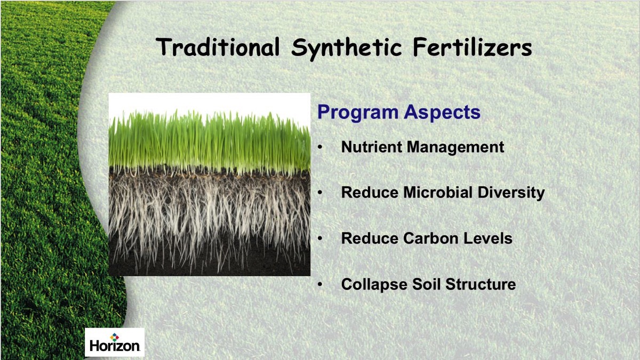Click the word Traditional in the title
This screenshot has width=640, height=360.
point(218,47)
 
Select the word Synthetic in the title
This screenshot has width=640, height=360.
point(347,49)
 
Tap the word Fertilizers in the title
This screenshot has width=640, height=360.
point(473,47)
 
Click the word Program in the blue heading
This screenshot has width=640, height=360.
point(358,113)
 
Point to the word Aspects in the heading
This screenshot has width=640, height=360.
point(442,113)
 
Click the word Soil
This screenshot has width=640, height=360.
point(426,284)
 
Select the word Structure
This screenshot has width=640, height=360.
point(481,284)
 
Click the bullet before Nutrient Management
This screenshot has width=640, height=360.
point(320,147)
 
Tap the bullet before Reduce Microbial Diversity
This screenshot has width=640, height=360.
point(320,193)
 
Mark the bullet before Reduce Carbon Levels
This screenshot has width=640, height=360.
point(320,238)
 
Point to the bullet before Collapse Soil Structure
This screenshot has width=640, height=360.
point(320,284)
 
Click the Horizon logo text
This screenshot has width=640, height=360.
point(115,346)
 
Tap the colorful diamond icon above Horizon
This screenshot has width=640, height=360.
point(115,337)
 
